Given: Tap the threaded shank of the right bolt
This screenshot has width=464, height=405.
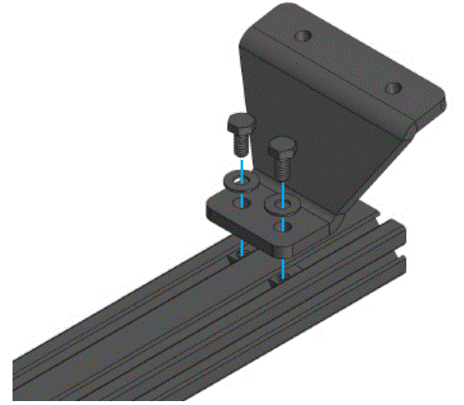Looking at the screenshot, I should pyautogui.click(x=283, y=167).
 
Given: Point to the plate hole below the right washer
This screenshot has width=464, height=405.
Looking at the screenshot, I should pyautogui.click(x=282, y=228).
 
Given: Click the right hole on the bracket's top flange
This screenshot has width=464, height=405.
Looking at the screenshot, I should pyautogui.click(x=393, y=87).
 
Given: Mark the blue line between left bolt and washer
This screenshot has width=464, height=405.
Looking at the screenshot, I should pyautogui.click(x=243, y=162).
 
